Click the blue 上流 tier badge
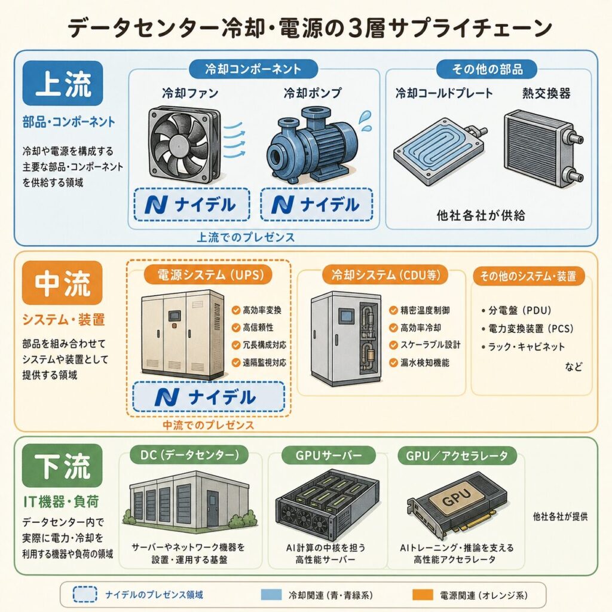[62, 83]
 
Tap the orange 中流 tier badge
[62, 283]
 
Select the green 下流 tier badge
[62, 466]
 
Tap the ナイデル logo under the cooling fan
[191, 204]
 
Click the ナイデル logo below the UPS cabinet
[209, 397]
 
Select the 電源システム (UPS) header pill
[208, 275]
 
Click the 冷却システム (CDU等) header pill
[385, 275]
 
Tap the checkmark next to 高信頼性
[235, 328]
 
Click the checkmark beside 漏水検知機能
[393, 363]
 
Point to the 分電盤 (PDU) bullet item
[516, 311]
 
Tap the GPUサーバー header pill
[328, 455]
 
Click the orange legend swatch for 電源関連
[423, 595]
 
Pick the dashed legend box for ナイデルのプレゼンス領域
[85, 595]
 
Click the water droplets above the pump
[365, 121]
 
